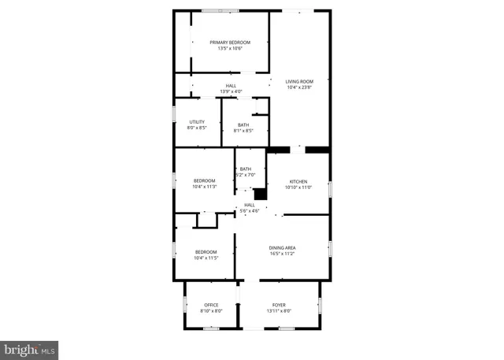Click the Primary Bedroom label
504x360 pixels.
click(229, 42)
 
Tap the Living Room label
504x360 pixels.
click(299, 80)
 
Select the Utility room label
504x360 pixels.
click(197, 121)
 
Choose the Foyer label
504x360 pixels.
click(280, 305)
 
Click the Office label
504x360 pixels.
click(212, 305)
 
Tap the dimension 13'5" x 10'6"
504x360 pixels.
click(229, 48)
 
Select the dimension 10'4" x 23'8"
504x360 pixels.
click(299, 87)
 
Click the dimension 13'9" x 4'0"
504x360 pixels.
click(231, 91)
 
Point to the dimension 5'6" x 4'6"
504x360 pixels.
click(249, 210)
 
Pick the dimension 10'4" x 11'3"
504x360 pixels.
click(205, 187)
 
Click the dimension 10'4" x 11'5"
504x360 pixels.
click(206, 258)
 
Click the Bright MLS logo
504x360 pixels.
click(30, 347)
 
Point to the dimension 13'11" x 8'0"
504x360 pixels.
click(280, 311)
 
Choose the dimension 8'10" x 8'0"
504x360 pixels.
click(212, 311)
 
